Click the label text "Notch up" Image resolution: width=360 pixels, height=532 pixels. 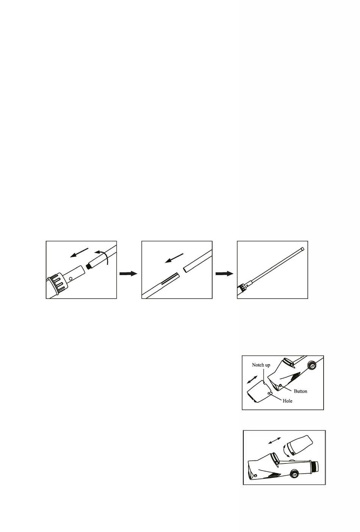click(x=261, y=365)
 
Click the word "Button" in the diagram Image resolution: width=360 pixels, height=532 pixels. click(x=301, y=391)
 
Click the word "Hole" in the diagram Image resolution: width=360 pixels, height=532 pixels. click(x=287, y=401)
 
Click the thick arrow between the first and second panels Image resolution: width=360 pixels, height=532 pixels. click(x=128, y=274)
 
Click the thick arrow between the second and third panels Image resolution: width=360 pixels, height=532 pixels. click(x=224, y=274)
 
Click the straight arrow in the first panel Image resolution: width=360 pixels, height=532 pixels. click(x=79, y=253)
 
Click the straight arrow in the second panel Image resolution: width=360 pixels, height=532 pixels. click(x=174, y=258)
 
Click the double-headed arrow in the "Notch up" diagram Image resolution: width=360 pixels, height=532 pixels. click(x=252, y=379)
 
